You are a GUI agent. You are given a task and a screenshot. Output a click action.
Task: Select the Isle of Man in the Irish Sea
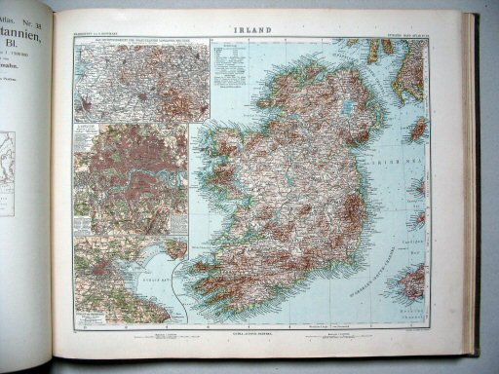[x=418, y=129]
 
